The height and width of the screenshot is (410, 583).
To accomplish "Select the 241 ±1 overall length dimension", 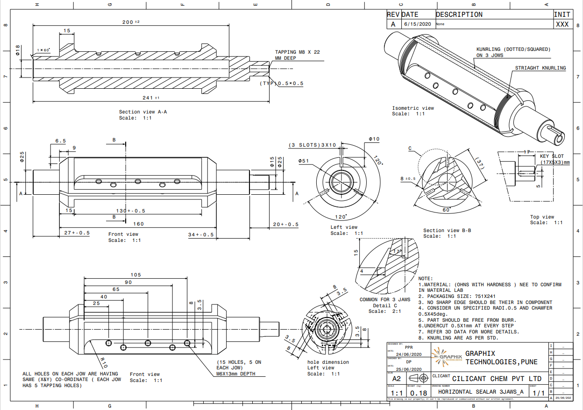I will [149, 98].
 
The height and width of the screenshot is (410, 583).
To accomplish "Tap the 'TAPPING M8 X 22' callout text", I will [297, 52].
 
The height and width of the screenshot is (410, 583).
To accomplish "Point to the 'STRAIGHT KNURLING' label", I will [540, 68].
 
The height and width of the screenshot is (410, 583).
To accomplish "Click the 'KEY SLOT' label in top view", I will [552, 156].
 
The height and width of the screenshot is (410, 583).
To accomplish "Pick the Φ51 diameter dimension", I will [304, 161].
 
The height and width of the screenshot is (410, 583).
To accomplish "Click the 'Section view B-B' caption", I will [447, 230].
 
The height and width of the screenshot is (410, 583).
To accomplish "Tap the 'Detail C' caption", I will [384, 305].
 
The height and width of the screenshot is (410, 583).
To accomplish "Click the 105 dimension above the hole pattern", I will [135, 275].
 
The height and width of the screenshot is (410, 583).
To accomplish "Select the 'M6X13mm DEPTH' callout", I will [238, 374].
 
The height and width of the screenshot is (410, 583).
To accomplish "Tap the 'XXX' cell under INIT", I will [562, 24].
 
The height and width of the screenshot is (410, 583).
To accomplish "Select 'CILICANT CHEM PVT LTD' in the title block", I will [497, 379].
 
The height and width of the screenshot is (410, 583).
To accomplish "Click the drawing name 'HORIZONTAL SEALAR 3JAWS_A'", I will [481, 392].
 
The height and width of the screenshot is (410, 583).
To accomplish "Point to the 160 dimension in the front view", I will [139, 224].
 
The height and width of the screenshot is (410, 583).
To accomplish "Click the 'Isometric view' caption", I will [412, 108].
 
